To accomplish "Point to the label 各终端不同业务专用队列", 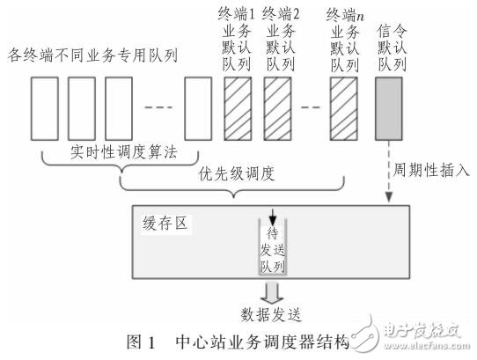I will [92, 56].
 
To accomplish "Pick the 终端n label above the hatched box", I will [345, 14].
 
